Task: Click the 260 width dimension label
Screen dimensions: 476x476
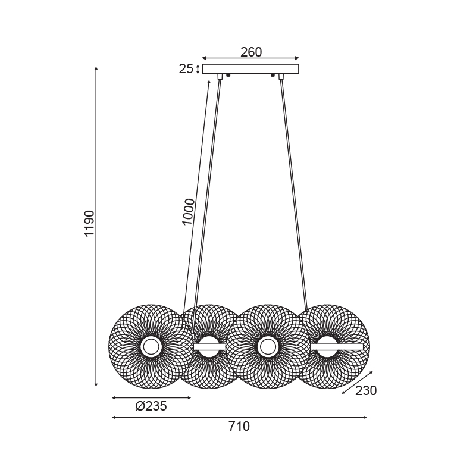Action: [251, 52]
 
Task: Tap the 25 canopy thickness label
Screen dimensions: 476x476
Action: [186, 69]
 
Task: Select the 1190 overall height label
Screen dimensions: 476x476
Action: [90, 223]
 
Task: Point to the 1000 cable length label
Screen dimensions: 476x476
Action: [188, 212]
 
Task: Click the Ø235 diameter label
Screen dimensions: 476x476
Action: [151, 406]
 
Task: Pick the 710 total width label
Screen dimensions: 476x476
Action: [239, 427]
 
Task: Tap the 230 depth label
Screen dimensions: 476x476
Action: [366, 391]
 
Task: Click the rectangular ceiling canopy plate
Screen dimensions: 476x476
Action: [250, 69]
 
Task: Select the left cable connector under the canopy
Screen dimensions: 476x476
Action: [220, 76]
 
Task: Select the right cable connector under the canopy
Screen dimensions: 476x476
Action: [281, 76]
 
